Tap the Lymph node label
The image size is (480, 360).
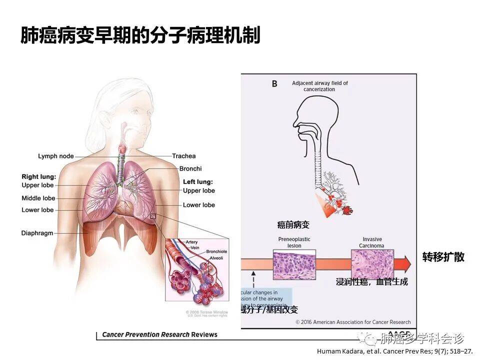pos(55,156)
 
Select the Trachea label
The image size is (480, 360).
pos(184,156)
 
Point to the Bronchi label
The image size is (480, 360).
pos(190,169)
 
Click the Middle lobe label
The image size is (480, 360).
pos(38,198)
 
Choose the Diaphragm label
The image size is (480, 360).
pos(37,233)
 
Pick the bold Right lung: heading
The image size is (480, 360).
pos(39,177)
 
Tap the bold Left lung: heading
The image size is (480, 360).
pos(198,182)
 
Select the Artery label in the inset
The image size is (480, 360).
pos(191,242)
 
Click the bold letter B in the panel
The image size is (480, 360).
pos(274,84)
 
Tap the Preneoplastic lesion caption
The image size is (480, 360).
pos(294,242)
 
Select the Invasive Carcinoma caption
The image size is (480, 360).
pos(371,242)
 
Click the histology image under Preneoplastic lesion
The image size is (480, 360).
pos(294,264)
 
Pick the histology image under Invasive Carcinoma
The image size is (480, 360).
pos(372,264)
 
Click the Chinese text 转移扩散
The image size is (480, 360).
pos(443,257)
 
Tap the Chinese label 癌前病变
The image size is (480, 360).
pos(293,225)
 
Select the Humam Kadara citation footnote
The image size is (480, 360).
pos(394,351)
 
